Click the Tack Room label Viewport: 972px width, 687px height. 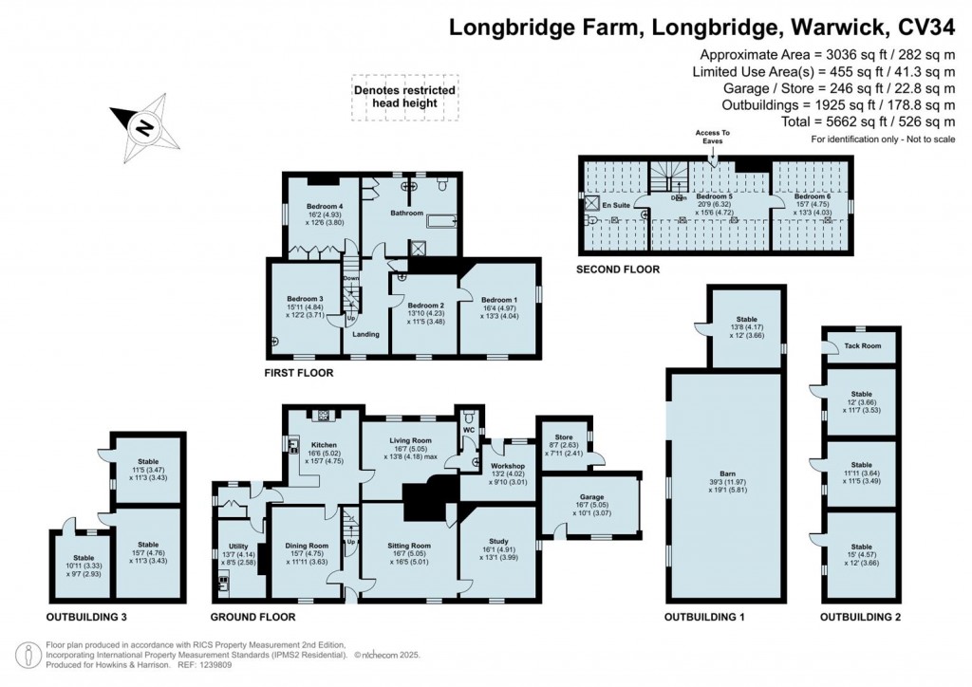click(862, 345)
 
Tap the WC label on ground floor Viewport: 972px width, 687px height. click(468, 428)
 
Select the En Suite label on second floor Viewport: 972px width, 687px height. click(618, 204)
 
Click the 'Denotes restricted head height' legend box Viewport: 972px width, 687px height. click(404, 97)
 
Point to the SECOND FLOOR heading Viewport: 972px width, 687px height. click(617, 269)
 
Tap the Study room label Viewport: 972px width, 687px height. click(498, 540)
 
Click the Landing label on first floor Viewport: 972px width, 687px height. click(365, 334)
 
